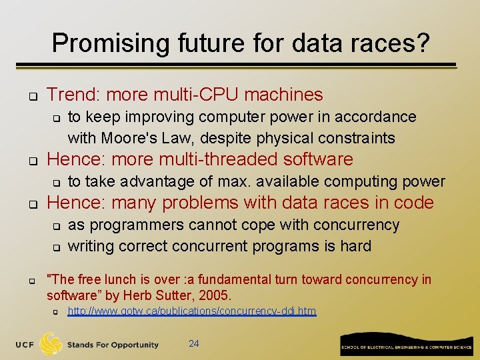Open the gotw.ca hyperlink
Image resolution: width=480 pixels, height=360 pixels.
coord(192,311)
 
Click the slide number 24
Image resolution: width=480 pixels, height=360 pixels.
coord(194,344)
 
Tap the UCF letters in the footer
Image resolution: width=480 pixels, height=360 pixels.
coord(25,345)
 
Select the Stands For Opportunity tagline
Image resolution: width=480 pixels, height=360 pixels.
coord(113,345)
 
